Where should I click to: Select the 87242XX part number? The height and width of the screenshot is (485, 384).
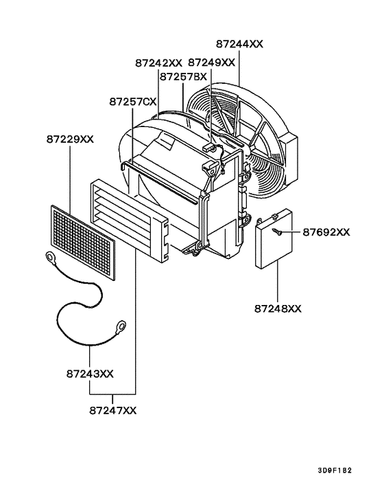click(158, 63)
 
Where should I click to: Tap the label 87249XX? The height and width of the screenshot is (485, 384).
click(211, 63)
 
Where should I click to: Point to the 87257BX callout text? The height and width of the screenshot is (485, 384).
click(183, 77)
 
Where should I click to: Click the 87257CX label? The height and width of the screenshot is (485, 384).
click(132, 102)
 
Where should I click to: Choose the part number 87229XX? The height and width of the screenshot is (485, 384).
click(70, 139)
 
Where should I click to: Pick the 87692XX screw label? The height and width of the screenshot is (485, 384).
click(326, 232)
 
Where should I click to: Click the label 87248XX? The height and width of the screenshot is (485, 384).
click(277, 308)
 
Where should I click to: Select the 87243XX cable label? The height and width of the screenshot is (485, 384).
click(90, 374)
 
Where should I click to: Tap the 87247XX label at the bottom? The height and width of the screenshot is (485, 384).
click(113, 410)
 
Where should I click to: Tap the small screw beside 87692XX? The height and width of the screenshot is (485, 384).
click(278, 232)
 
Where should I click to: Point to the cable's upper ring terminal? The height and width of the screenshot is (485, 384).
click(50, 258)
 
